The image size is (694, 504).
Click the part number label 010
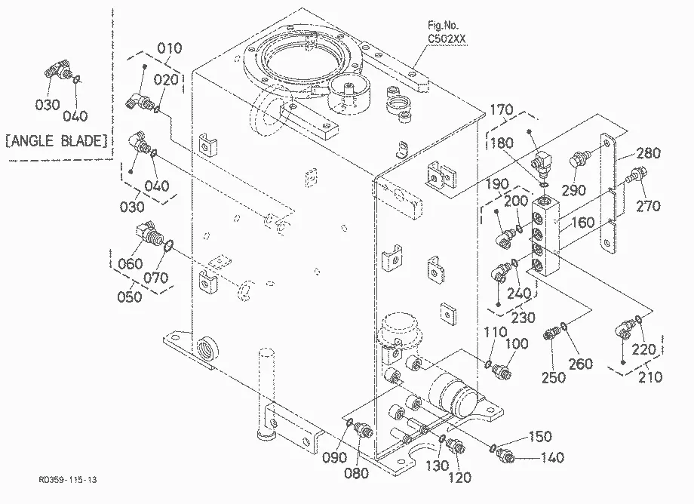[170, 48]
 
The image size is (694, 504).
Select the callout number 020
[166, 80]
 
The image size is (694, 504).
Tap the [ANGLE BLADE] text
[57, 141]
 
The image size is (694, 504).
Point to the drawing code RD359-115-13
[68, 480]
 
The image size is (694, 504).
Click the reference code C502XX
[447, 39]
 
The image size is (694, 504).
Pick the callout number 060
[131, 264]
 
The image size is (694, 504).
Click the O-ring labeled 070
[168, 246]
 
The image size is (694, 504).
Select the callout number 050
[130, 297]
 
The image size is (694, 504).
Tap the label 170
[501, 109]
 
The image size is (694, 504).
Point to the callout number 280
[649, 153]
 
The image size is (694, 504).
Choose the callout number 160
[582, 222]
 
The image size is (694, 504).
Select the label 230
[524, 318]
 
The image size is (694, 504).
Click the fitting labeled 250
[551, 333]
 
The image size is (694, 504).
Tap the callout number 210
[650, 377]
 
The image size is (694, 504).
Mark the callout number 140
[552, 457]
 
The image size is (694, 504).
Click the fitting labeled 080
[364, 429]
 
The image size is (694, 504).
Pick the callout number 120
[459, 478]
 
